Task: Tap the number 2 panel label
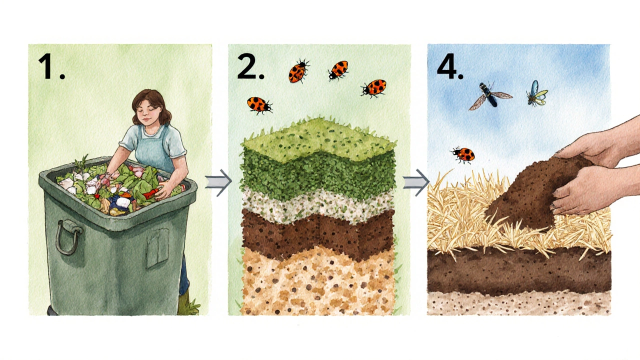[x=250, y=66]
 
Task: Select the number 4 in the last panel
[x=450, y=66]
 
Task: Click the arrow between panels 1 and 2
[x=218, y=183]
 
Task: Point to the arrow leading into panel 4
[x=416, y=183]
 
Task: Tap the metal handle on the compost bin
[x=68, y=237]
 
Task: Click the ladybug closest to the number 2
[x=298, y=71]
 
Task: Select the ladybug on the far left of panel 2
[x=259, y=105]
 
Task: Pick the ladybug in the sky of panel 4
[x=463, y=154]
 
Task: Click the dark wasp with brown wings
[x=489, y=95]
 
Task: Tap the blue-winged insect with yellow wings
[x=536, y=93]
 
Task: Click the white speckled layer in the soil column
[x=317, y=205]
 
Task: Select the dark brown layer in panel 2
[x=317, y=233]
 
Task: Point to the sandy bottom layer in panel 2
[x=317, y=283]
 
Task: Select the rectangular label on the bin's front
[x=157, y=248]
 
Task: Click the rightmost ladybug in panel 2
[x=373, y=88]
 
